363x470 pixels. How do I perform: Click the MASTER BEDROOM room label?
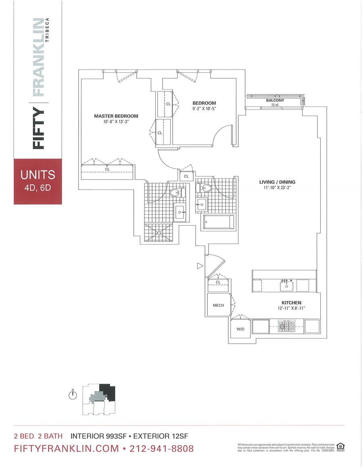click(x=116, y=116)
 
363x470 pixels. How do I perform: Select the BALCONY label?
click(x=275, y=100)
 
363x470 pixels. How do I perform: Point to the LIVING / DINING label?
click(x=277, y=182)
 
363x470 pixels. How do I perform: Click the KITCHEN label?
click(x=291, y=303)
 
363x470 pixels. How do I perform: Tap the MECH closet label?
click(x=218, y=305)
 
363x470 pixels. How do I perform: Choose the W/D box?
click(x=240, y=329)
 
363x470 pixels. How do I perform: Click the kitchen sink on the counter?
click(x=287, y=286)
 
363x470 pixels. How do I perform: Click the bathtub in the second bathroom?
click(x=219, y=222)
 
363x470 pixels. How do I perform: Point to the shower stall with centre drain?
click(x=160, y=233)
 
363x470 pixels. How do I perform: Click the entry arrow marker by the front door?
click(x=199, y=265)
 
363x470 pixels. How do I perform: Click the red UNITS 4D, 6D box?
click(x=38, y=181)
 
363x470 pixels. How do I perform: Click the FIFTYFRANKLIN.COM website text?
click(x=67, y=449)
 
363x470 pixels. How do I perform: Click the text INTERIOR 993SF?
click(x=99, y=436)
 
